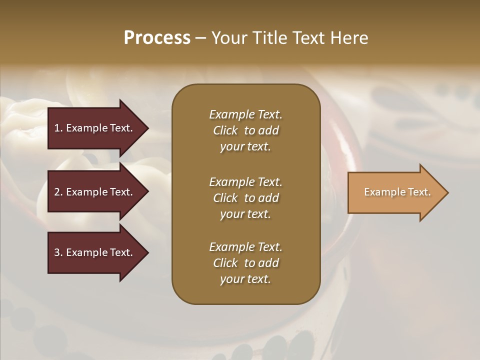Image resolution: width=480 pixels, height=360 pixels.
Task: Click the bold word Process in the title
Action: coord(157,38)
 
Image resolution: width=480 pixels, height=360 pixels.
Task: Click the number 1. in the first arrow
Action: coord(58,128)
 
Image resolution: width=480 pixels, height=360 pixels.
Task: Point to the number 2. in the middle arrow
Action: coord(58,192)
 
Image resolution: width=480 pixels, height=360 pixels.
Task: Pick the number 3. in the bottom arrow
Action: coord(58,253)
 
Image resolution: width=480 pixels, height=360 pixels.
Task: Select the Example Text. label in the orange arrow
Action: coord(397,192)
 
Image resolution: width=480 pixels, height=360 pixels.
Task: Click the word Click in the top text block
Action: coord(225,131)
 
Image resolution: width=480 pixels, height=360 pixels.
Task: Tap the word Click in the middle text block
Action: coord(225,198)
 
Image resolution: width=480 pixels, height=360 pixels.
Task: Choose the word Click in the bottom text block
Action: coord(225,263)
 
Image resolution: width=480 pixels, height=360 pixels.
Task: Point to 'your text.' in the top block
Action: coord(245,147)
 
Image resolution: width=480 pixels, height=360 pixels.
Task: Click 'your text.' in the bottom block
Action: coord(245,279)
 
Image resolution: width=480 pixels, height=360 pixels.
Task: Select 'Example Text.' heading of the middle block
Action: coord(245,181)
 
